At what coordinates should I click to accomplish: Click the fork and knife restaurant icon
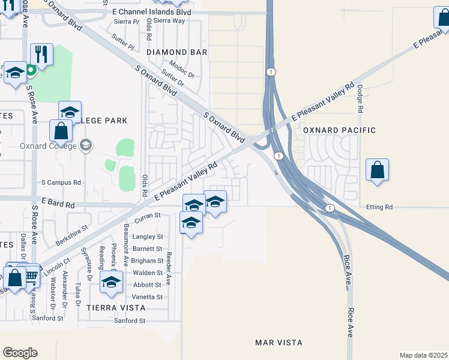pos(41,54)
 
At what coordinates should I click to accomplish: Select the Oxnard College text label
pos(45,145)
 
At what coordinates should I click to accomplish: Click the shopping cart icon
pos(31,275)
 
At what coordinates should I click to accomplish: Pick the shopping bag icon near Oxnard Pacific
pos(377,170)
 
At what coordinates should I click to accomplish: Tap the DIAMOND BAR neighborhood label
pos(176,52)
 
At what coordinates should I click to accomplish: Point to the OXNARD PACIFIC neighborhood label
pos(339,130)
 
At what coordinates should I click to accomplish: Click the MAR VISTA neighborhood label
pos(279,343)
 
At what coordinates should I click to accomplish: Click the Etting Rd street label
pos(380,207)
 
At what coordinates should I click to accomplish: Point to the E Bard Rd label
pos(58,205)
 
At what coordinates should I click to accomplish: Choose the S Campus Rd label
pos(61,182)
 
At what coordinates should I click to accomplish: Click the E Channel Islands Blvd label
pos(151,12)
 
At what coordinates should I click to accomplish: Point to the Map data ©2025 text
pos(423,355)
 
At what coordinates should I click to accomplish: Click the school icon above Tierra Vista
pos(111,282)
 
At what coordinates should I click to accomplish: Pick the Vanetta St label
pos(148,297)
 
